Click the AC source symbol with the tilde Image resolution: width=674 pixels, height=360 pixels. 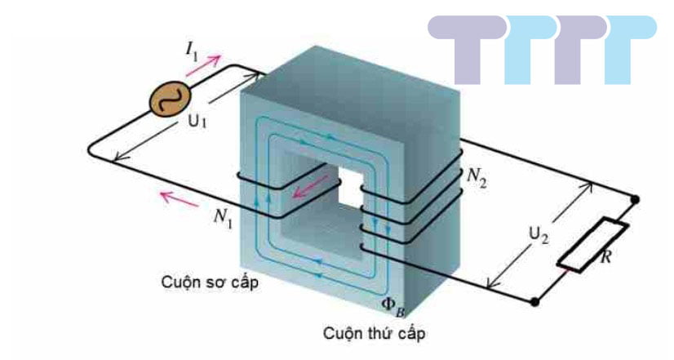click(168, 100)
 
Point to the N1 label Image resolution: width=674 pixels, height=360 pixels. click(221, 216)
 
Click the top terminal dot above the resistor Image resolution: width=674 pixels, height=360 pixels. click(636, 198)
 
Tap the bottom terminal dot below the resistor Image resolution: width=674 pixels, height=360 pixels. click(536, 302)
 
